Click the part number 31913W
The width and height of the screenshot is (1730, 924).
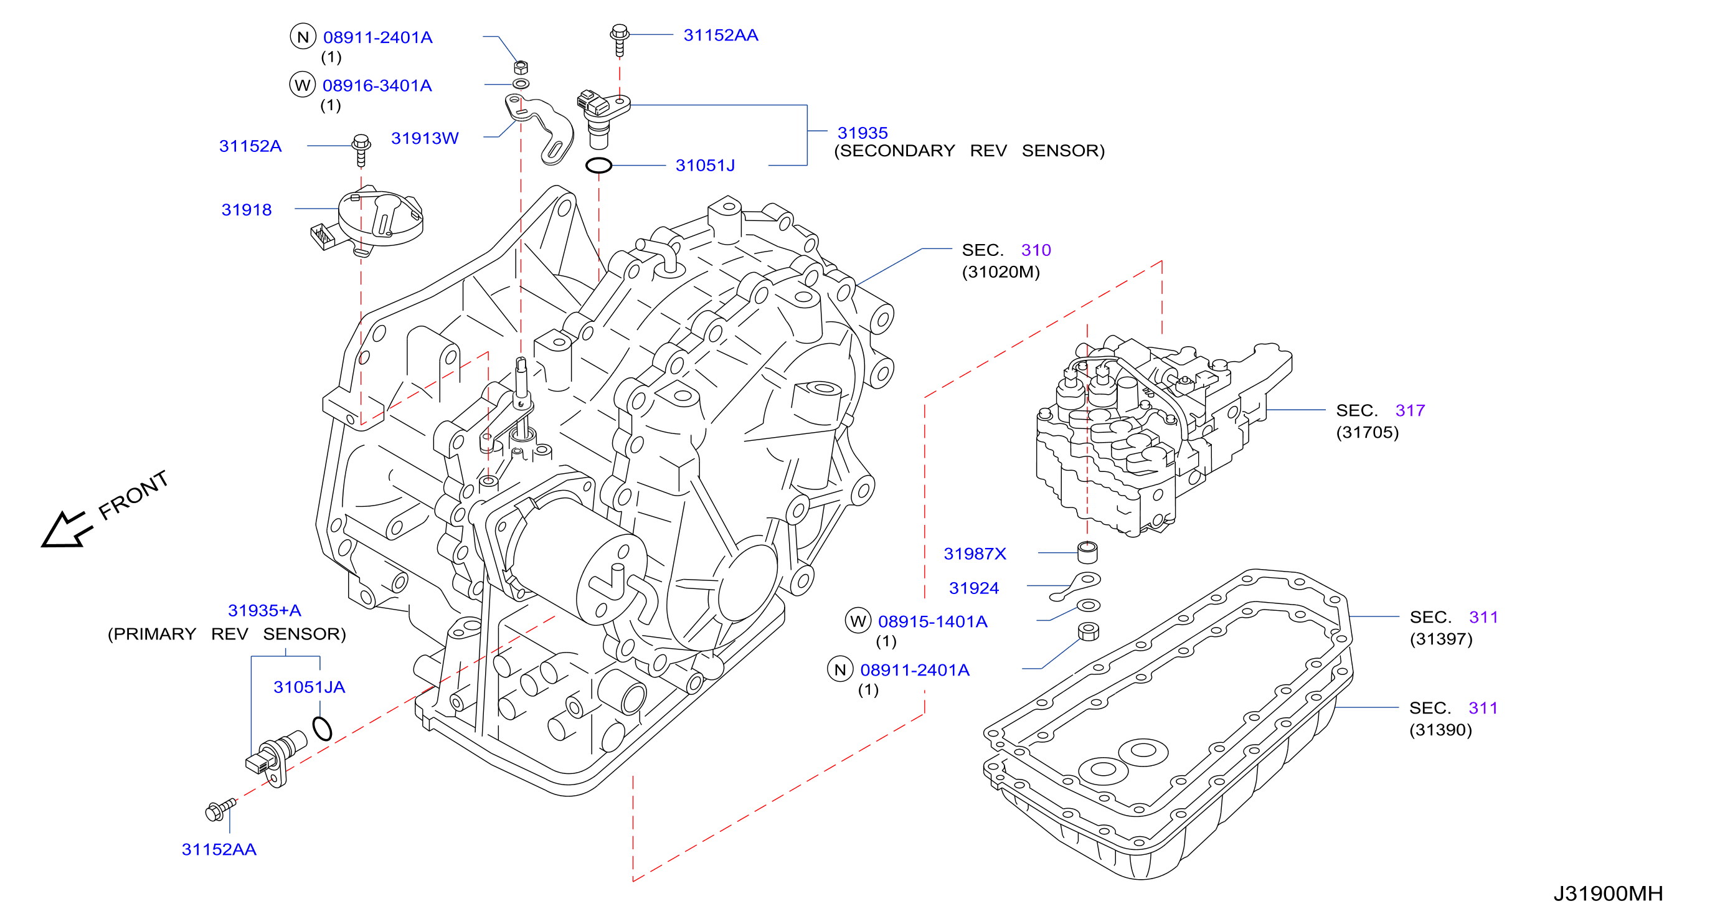point(425,138)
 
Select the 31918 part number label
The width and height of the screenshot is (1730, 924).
point(247,210)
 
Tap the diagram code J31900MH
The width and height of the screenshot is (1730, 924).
point(1608,893)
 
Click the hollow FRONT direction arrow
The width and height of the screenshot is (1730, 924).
point(66,530)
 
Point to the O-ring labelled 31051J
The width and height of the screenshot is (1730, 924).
point(598,165)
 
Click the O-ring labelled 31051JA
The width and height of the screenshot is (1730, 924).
point(323,728)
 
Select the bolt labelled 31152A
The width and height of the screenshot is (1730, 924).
point(361,151)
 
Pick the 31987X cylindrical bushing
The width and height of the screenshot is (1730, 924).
point(1087,552)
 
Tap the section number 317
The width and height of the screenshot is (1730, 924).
point(1410,410)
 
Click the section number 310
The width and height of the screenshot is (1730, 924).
point(1036,250)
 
